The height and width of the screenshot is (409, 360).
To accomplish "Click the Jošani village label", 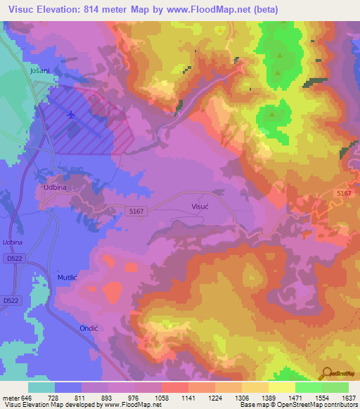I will click(x=39, y=71).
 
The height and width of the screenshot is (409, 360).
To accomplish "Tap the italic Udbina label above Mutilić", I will click(x=13, y=242).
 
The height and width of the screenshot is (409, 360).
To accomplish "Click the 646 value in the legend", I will click(x=28, y=398).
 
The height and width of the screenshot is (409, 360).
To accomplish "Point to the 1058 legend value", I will click(x=161, y=398).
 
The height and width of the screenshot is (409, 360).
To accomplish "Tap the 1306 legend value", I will click(x=241, y=398).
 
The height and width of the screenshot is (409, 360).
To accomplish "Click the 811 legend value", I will click(x=82, y=398).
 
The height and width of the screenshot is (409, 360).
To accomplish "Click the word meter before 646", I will click(x=11, y=398).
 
